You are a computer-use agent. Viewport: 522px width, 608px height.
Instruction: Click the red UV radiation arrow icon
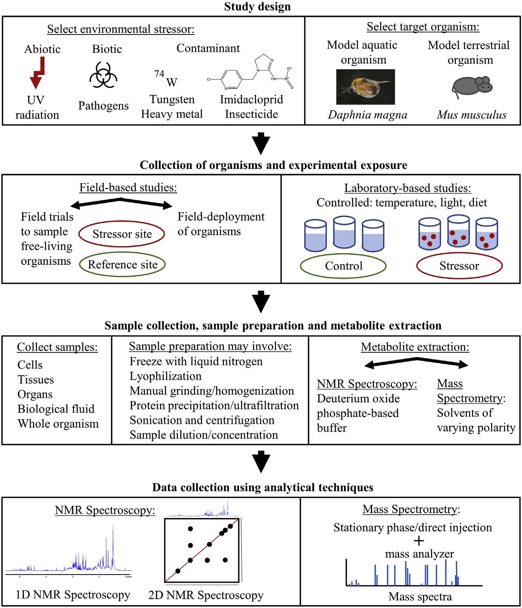37,76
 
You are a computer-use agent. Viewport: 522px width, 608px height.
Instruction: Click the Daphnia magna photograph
365,87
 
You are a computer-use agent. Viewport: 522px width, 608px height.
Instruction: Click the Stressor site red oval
122,234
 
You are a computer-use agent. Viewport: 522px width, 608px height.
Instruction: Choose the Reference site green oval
122,265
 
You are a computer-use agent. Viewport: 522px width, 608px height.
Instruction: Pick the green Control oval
343,266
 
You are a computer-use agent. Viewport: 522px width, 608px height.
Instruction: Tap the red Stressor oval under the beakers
459,266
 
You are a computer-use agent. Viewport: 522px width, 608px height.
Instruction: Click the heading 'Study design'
257,7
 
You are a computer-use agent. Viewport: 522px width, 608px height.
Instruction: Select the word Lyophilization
165,376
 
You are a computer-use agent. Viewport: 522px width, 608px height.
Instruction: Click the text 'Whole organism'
58,424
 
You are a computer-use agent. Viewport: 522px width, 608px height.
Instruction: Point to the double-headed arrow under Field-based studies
121,203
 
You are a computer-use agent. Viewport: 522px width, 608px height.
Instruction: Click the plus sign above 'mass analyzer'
419,541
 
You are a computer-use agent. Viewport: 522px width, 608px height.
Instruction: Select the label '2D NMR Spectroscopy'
206,595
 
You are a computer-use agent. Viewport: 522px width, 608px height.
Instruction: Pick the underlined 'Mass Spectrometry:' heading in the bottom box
411,510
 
